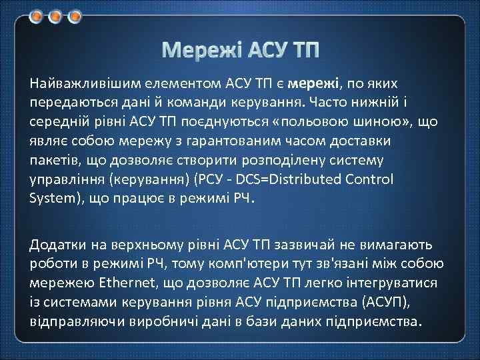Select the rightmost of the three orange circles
click(75, 15)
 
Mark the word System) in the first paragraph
click(54, 199)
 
